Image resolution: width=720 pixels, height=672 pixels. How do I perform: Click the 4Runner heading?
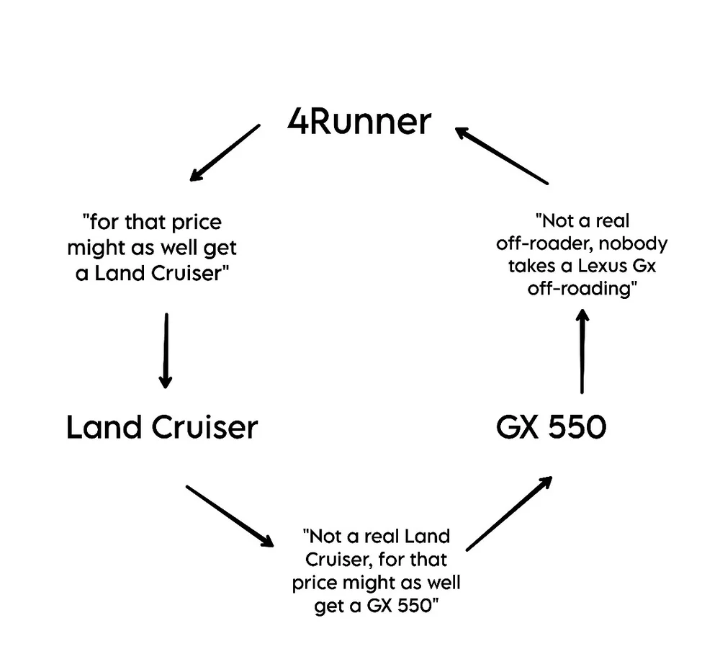click(359, 122)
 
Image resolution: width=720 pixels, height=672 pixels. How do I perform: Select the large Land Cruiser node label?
click(162, 428)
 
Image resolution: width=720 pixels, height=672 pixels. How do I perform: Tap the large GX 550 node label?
click(551, 428)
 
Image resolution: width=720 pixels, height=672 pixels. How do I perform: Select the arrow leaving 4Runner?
click(225, 153)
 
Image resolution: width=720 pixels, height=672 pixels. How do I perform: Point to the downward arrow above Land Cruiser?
click(166, 350)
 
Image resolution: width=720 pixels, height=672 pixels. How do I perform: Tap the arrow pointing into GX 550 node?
click(510, 513)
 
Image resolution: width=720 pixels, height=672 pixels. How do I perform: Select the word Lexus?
click(595, 265)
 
